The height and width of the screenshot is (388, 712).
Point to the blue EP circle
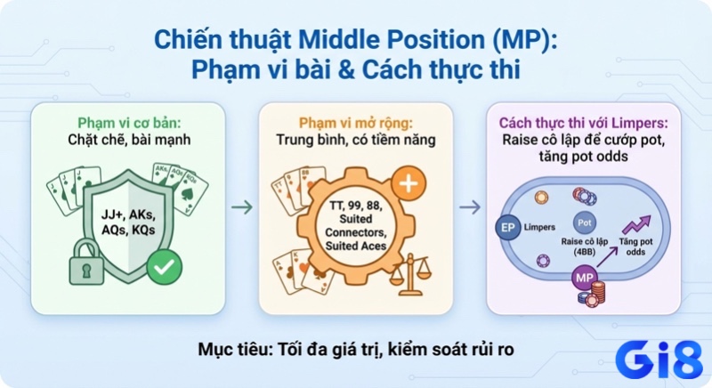(x=508, y=227)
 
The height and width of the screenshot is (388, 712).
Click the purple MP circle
(x=583, y=279)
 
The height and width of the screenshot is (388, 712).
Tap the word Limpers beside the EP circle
(x=539, y=227)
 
